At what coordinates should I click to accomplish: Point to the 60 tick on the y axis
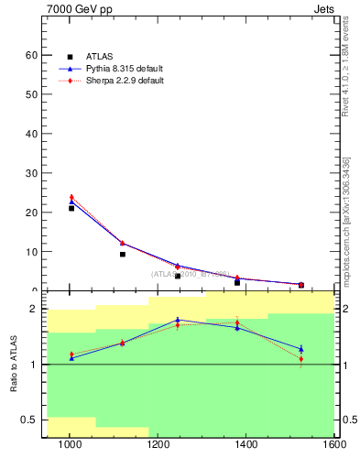pyautogui.click(x=31, y=55)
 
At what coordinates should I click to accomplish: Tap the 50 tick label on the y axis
pyautogui.click(x=31, y=94)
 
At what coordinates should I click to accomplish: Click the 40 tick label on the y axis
pyautogui.click(x=31, y=134)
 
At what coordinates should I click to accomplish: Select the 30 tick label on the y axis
pyautogui.click(x=31, y=173)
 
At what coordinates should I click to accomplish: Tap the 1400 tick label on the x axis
pyautogui.click(x=247, y=446)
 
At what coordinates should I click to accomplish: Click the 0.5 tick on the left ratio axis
pyautogui.click(x=28, y=420)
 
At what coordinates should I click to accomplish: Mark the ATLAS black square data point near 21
pyautogui.click(x=71, y=208)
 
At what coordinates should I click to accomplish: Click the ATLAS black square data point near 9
pyautogui.click(x=122, y=254)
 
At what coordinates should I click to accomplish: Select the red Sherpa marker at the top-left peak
pyautogui.click(x=71, y=197)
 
